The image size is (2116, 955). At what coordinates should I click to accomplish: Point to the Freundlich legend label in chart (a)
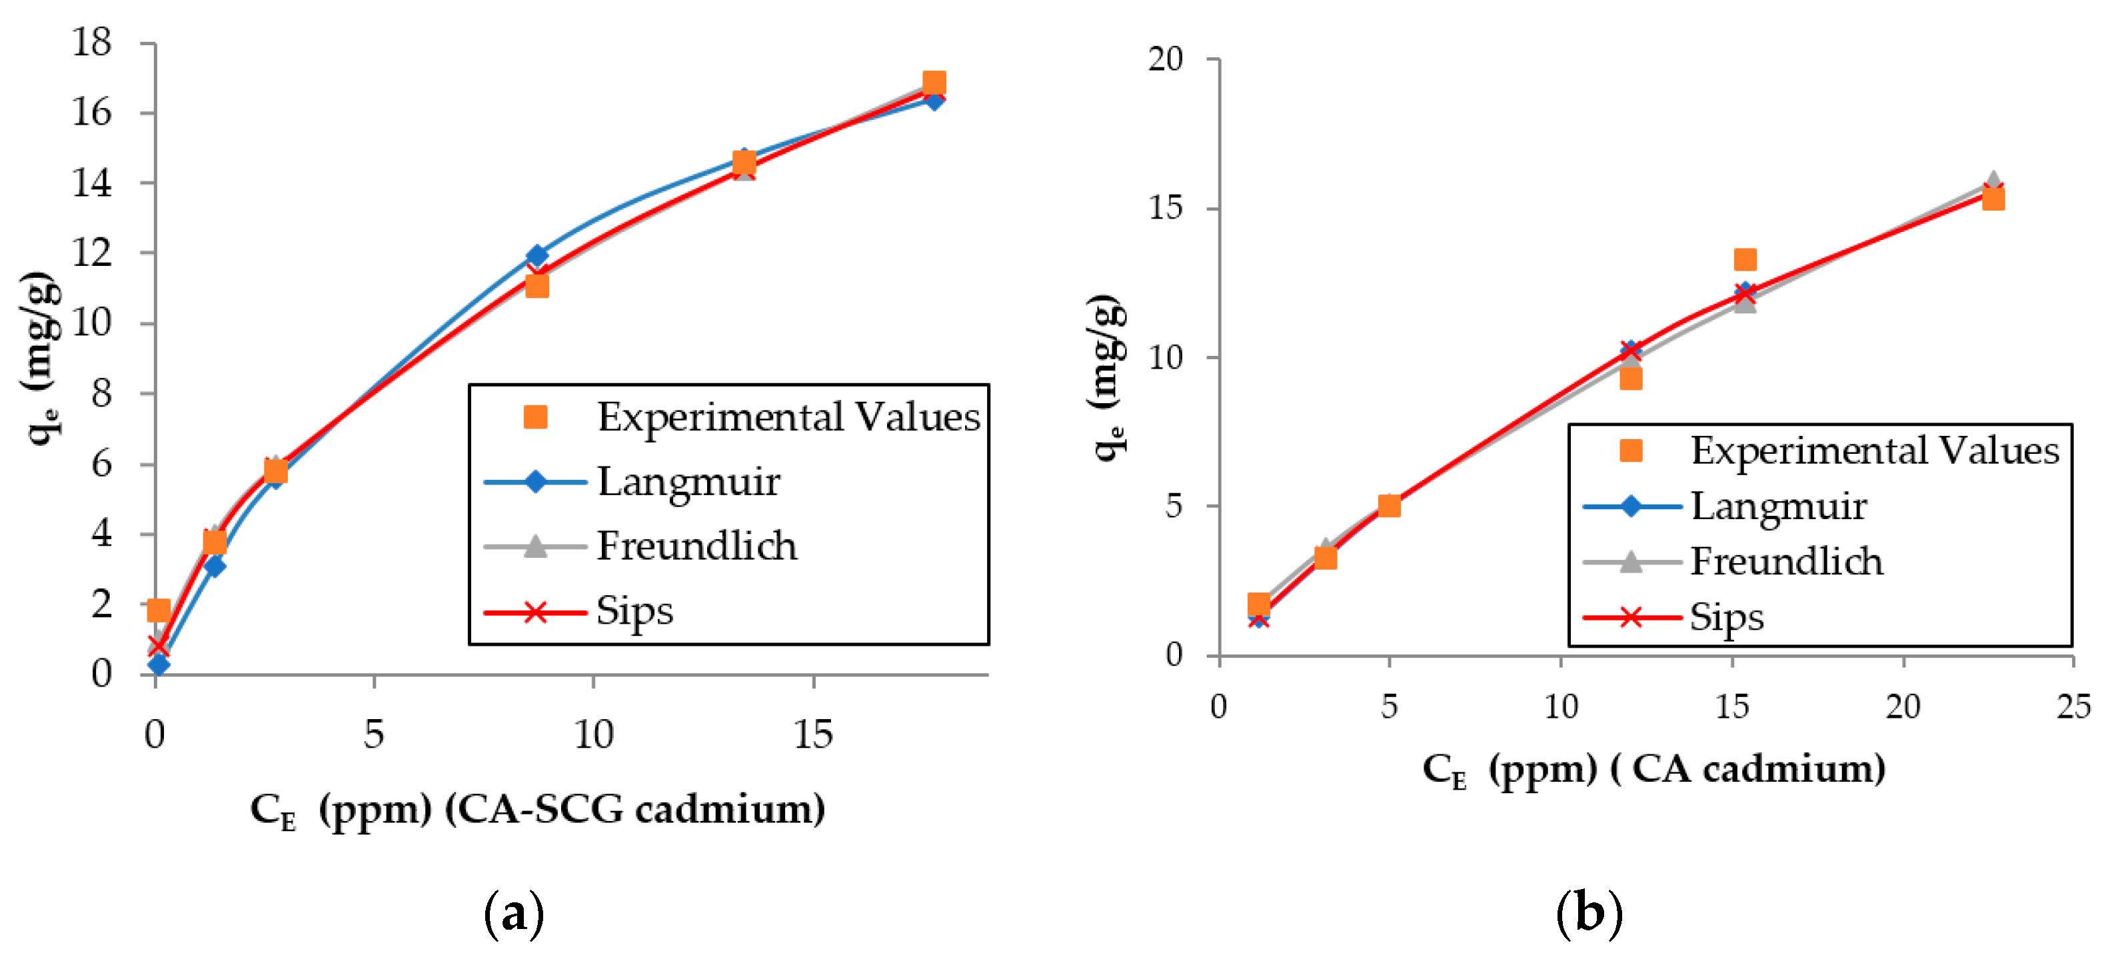point(696,546)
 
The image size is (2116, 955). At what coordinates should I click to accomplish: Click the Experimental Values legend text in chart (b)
point(1873,450)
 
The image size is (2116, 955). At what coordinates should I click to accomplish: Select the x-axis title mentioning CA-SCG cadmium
point(538,809)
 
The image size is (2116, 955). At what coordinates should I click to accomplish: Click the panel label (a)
point(515,913)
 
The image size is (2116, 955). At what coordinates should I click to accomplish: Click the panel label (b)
point(1589,913)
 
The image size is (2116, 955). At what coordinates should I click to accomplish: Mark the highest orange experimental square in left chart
point(933,82)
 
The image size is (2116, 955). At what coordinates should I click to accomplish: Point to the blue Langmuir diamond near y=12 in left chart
point(536,255)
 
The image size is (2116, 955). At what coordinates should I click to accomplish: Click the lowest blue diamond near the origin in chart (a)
point(159,664)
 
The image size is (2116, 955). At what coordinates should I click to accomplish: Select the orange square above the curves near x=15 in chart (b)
point(1745,259)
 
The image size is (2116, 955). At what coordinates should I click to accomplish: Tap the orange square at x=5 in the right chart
point(1389,505)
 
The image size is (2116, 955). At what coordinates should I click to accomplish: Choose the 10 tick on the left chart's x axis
point(593,733)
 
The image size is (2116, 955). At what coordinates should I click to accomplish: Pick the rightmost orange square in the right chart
point(1993,199)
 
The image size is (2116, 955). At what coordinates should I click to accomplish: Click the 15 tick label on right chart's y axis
point(1165,207)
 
